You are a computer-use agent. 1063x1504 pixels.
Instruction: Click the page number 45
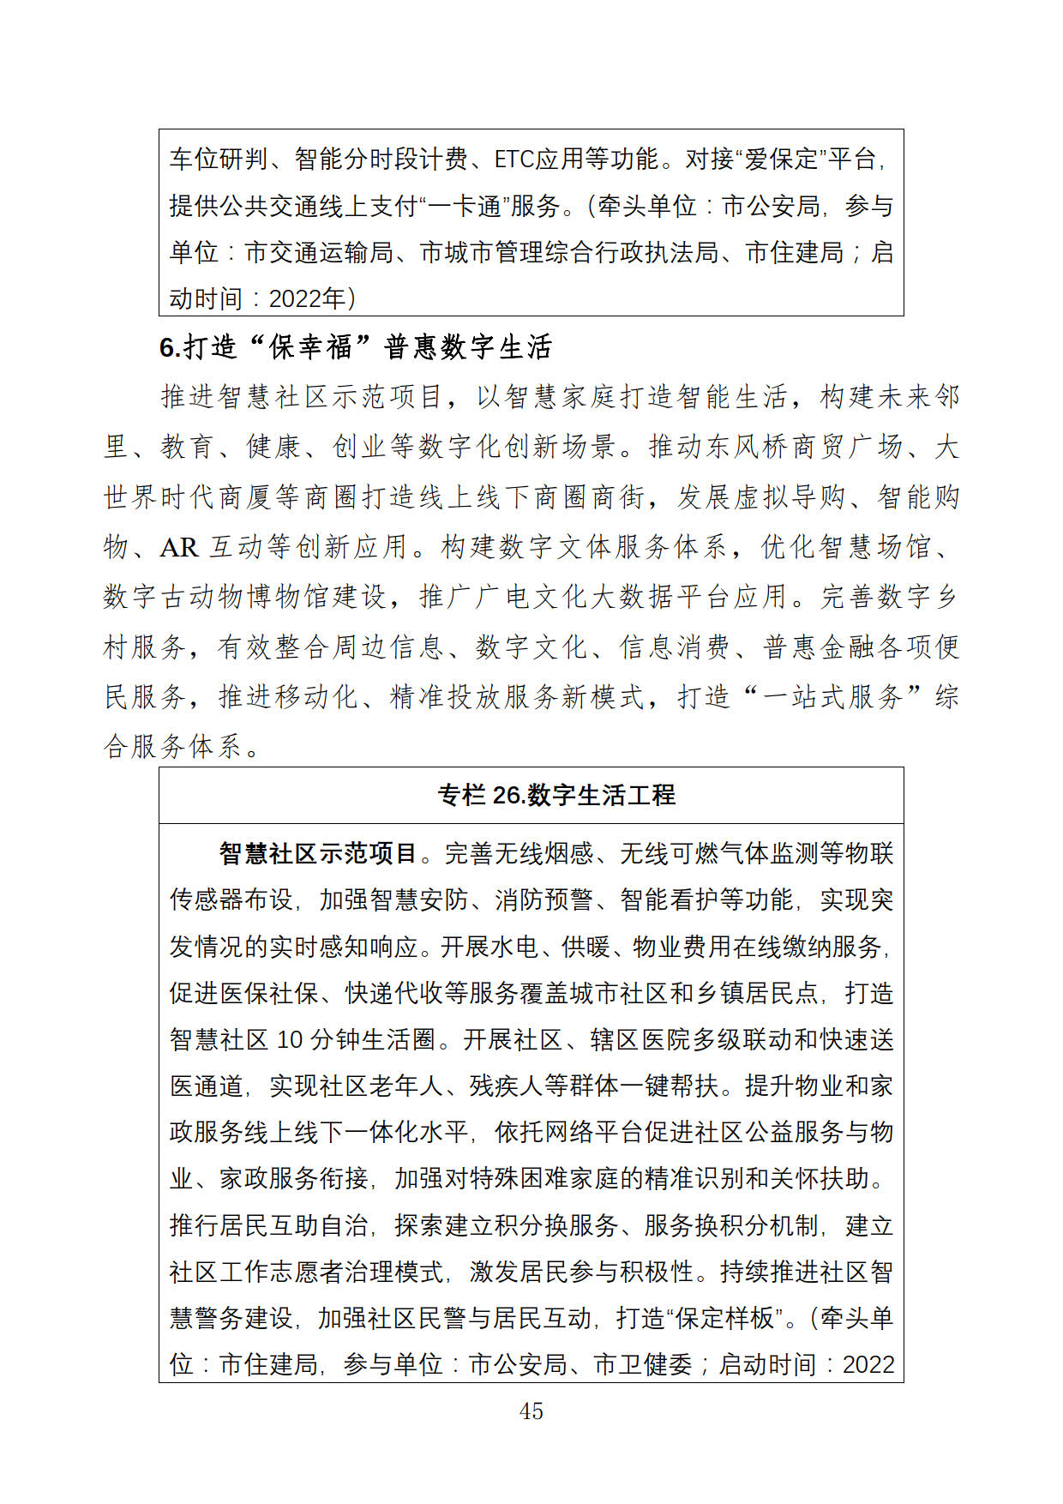(x=531, y=1411)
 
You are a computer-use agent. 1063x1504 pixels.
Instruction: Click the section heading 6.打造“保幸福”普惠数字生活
(x=356, y=347)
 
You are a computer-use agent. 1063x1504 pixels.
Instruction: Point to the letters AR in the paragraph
(x=178, y=547)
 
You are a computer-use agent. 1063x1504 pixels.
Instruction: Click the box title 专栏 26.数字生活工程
(x=556, y=796)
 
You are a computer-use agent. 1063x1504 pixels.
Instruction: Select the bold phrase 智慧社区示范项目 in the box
(x=318, y=853)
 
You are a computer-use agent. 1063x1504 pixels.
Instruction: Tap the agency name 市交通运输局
(x=319, y=252)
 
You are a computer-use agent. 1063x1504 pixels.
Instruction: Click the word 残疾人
(x=506, y=1086)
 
